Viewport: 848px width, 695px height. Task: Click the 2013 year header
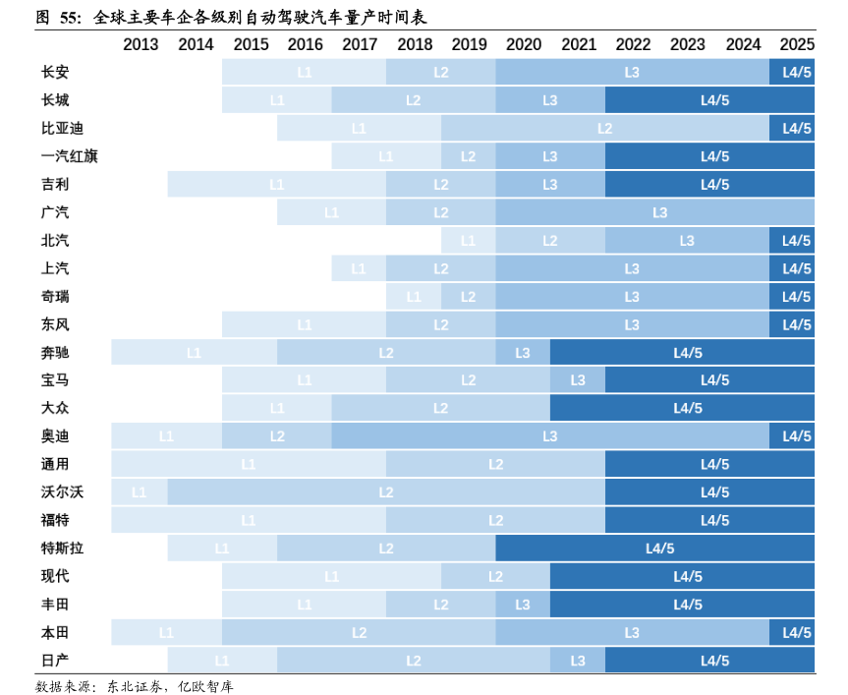pyautogui.click(x=141, y=44)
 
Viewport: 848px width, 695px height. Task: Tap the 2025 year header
pyautogui.click(x=796, y=44)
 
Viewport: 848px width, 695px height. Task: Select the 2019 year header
pyautogui.click(x=469, y=44)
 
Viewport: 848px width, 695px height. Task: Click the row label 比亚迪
pyautogui.click(x=62, y=128)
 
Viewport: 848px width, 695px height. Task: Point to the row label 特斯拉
pyautogui.click(x=62, y=548)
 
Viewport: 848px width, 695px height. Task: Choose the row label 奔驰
pyautogui.click(x=55, y=352)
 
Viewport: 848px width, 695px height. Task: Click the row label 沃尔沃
pyautogui.click(x=62, y=492)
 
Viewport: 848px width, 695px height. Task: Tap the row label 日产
pyautogui.click(x=55, y=660)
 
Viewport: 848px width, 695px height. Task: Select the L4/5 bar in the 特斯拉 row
pyautogui.click(x=659, y=548)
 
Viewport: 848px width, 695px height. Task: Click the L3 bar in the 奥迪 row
pyautogui.click(x=550, y=435)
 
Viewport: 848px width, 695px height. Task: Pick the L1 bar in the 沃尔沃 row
pyautogui.click(x=139, y=492)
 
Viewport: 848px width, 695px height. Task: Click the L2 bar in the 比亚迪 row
pyautogui.click(x=604, y=128)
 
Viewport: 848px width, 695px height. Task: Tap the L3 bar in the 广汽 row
pyautogui.click(x=659, y=212)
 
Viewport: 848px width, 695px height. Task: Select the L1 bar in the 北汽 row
pyautogui.click(x=468, y=241)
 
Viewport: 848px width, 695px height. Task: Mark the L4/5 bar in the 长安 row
pyautogui.click(x=796, y=72)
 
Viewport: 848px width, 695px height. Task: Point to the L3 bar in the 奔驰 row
pyautogui.click(x=522, y=352)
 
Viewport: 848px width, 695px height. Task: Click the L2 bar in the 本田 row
pyautogui.click(x=359, y=632)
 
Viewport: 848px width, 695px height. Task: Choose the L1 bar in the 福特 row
pyautogui.click(x=249, y=520)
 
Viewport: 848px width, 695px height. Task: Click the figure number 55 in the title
pyautogui.click(x=70, y=17)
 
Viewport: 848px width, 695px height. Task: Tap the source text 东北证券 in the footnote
pyautogui.click(x=133, y=685)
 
